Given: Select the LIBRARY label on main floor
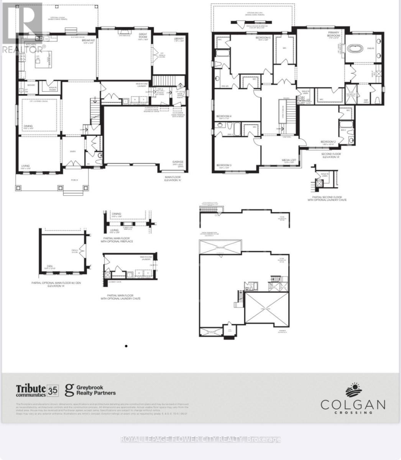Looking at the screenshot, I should coord(179,39).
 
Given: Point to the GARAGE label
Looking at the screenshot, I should coord(177,163).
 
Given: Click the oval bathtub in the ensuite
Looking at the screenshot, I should coord(357,49).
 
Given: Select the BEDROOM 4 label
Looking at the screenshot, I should coord(224,116).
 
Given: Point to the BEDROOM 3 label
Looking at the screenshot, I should coord(224,165).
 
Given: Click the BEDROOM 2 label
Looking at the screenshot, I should coord(328,141).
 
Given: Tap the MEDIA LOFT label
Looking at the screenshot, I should coord(289,161).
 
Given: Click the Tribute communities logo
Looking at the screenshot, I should coord(31,390).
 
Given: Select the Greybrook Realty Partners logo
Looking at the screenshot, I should coord(90,390).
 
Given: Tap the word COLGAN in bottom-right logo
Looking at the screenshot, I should coord(353,404).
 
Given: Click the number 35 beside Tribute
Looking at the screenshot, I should coord(53,390).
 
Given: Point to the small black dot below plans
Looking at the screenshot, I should coord(126,346).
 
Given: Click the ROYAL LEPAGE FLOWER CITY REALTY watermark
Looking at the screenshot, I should coord(200,439).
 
